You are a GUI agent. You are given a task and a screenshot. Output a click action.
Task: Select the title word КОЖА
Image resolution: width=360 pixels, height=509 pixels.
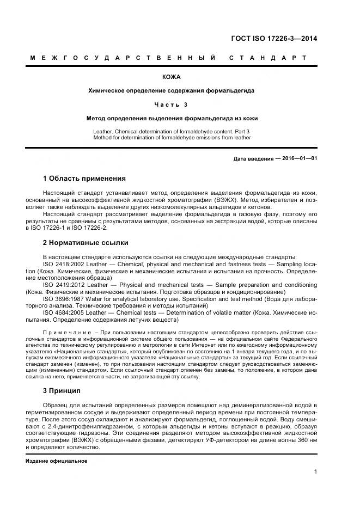(x=171, y=77)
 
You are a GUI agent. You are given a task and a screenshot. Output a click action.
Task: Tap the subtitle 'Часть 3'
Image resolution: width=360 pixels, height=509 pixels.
(x=171, y=104)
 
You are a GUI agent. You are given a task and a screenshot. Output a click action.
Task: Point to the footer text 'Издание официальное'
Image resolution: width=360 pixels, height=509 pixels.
(x=57, y=461)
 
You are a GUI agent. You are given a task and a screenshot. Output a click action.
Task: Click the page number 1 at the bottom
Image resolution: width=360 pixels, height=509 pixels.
(x=315, y=472)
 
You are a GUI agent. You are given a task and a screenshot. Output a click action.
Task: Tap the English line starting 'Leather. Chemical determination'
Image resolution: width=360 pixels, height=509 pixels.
(x=171, y=131)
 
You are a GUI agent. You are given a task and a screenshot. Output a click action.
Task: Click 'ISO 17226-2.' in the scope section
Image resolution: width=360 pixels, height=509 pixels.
(x=84, y=229)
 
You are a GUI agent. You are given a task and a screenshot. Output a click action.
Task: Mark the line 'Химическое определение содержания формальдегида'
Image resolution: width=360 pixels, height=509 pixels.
(x=171, y=90)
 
